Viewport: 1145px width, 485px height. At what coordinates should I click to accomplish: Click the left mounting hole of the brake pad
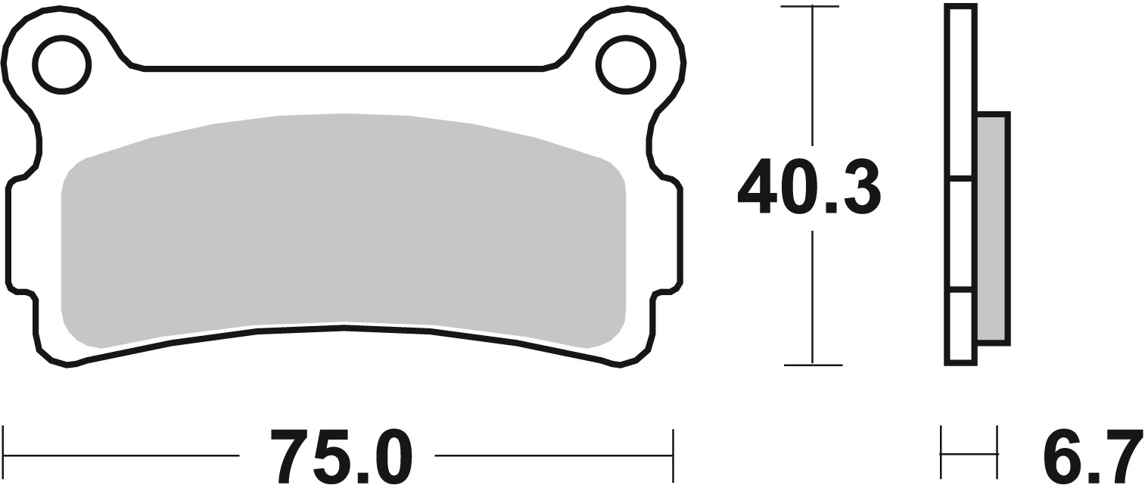click(x=61, y=65)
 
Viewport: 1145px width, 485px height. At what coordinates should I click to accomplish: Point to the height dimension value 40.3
click(x=808, y=187)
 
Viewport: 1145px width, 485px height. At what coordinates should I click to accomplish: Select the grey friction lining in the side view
click(x=992, y=227)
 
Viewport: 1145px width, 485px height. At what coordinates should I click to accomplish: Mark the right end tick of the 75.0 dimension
click(x=672, y=455)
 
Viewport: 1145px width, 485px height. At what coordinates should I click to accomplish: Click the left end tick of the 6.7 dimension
click(x=941, y=454)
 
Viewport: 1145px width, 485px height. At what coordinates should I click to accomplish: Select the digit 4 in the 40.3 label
click(x=757, y=187)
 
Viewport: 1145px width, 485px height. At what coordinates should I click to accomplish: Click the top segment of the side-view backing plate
click(x=961, y=91)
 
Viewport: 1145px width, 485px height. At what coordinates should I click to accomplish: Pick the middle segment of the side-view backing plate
click(x=961, y=233)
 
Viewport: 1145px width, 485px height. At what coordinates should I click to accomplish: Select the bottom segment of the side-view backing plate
click(x=961, y=325)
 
